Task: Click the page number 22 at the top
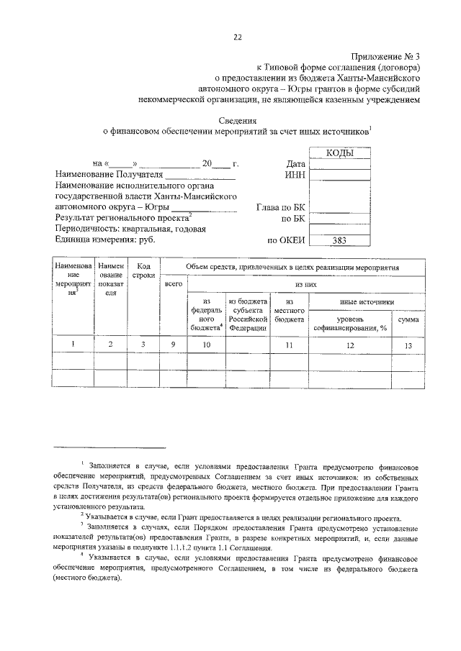tap(237, 38)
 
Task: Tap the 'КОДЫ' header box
tap(340, 152)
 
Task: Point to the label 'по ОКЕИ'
tap(287, 242)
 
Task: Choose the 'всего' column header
tap(173, 286)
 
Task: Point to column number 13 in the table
tap(408, 345)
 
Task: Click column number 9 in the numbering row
tap(173, 345)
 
